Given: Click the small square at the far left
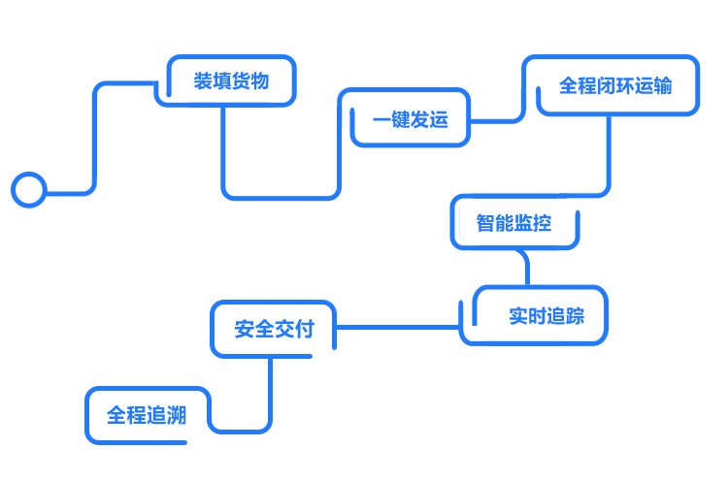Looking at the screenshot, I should tap(27, 189).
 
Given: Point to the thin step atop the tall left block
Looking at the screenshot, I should tap(121, 85).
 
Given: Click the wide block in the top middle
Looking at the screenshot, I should tap(404, 117).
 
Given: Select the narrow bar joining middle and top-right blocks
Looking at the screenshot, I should tap(496, 106).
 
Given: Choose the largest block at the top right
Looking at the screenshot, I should tap(611, 85).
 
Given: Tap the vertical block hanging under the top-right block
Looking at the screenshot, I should tap(585, 161).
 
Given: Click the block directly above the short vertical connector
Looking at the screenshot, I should tap(514, 222).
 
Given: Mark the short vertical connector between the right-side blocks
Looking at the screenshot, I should tap(522, 268).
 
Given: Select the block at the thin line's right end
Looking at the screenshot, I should tap(534, 315).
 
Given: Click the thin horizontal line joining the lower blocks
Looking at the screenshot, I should tap(397, 327).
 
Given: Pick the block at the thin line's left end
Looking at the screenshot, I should tap(273, 329).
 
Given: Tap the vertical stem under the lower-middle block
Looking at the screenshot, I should tap(255, 384).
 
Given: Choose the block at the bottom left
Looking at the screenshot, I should tap(148, 415).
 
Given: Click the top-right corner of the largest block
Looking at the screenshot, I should tap(699, 55).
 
